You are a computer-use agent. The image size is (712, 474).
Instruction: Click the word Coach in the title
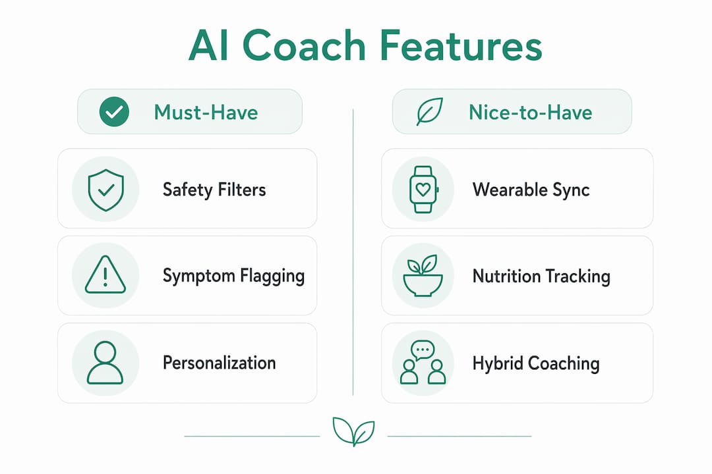pyautogui.click(x=304, y=45)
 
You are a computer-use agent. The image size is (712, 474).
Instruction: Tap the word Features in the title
pyautogui.click(x=461, y=45)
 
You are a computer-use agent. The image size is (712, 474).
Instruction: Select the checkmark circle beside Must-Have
pyautogui.click(x=114, y=111)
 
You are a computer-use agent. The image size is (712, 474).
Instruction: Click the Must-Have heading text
pyautogui.click(x=206, y=112)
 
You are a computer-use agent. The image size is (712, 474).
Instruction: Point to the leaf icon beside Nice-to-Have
pyautogui.click(x=430, y=111)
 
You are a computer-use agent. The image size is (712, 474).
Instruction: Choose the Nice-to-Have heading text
pyautogui.click(x=530, y=112)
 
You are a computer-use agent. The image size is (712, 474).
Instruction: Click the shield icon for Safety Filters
pyautogui.click(x=105, y=190)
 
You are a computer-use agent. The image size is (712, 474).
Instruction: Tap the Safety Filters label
pyautogui.click(x=214, y=190)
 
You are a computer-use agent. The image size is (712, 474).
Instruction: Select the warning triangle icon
pyautogui.click(x=105, y=275)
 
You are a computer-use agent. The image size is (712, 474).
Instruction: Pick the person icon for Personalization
pyautogui.click(x=105, y=363)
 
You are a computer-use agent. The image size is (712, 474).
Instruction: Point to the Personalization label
pyautogui.click(x=220, y=363)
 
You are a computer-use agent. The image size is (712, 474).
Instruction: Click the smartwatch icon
pyautogui.click(x=423, y=190)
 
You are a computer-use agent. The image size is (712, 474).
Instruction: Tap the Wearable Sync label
pyautogui.click(x=531, y=190)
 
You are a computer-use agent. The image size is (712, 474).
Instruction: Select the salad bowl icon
pyautogui.click(x=423, y=275)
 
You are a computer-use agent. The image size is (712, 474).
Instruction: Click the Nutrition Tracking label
pyautogui.click(x=541, y=276)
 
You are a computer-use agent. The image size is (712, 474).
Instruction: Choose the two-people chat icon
pyautogui.click(x=423, y=363)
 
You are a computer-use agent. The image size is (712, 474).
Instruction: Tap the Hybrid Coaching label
pyautogui.click(x=536, y=363)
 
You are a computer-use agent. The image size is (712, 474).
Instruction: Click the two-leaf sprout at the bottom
pyautogui.click(x=354, y=431)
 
